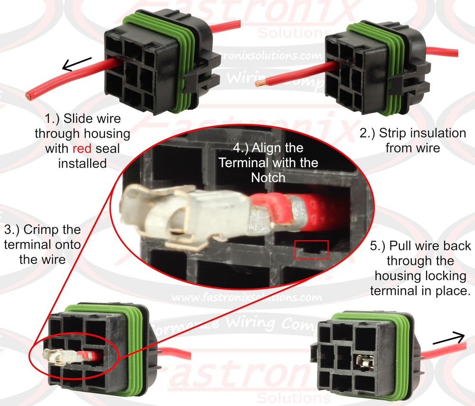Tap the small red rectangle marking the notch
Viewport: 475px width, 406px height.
click(x=312, y=250)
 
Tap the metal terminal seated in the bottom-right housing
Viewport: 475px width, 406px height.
click(x=365, y=363)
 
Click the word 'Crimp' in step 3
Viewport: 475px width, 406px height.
click(x=46, y=230)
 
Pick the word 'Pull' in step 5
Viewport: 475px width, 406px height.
click(x=401, y=246)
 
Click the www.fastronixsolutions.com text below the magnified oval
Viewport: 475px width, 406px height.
click(x=247, y=298)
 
